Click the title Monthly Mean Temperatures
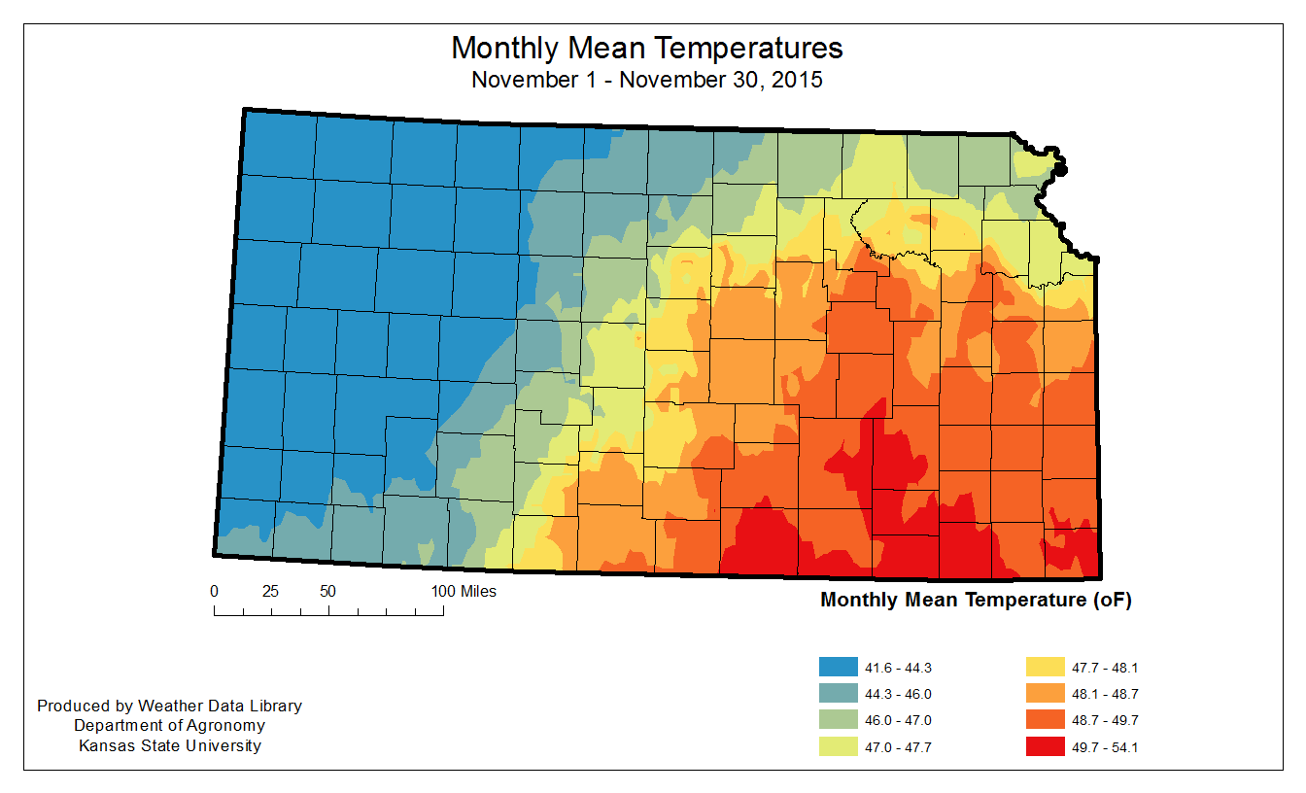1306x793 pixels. pos(646,48)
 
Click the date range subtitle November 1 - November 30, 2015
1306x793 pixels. pos(646,80)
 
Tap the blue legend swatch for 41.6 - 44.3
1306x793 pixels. pos(839,668)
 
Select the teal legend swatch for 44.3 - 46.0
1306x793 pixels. pos(839,694)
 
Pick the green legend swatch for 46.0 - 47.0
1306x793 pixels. pos(839,720)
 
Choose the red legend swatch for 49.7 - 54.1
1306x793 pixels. pos(1046,747)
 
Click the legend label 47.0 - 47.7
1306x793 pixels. pos(899,747)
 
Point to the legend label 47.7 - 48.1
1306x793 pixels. pos(1106,668)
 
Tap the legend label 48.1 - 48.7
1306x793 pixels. pos(1106,694)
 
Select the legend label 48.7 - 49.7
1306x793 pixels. pos(1106,720)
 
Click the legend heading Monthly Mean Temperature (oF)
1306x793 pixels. pos(976,600)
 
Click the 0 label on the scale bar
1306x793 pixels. pos(214,591)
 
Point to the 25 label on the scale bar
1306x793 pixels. pos(270,591)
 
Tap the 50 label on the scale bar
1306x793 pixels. pos(327,591)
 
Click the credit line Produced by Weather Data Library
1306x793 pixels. pos(169,706)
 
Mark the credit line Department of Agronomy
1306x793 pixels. pos(169,726)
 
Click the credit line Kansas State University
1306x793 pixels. pos(169,746)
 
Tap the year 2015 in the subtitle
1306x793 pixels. pos(799,80)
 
